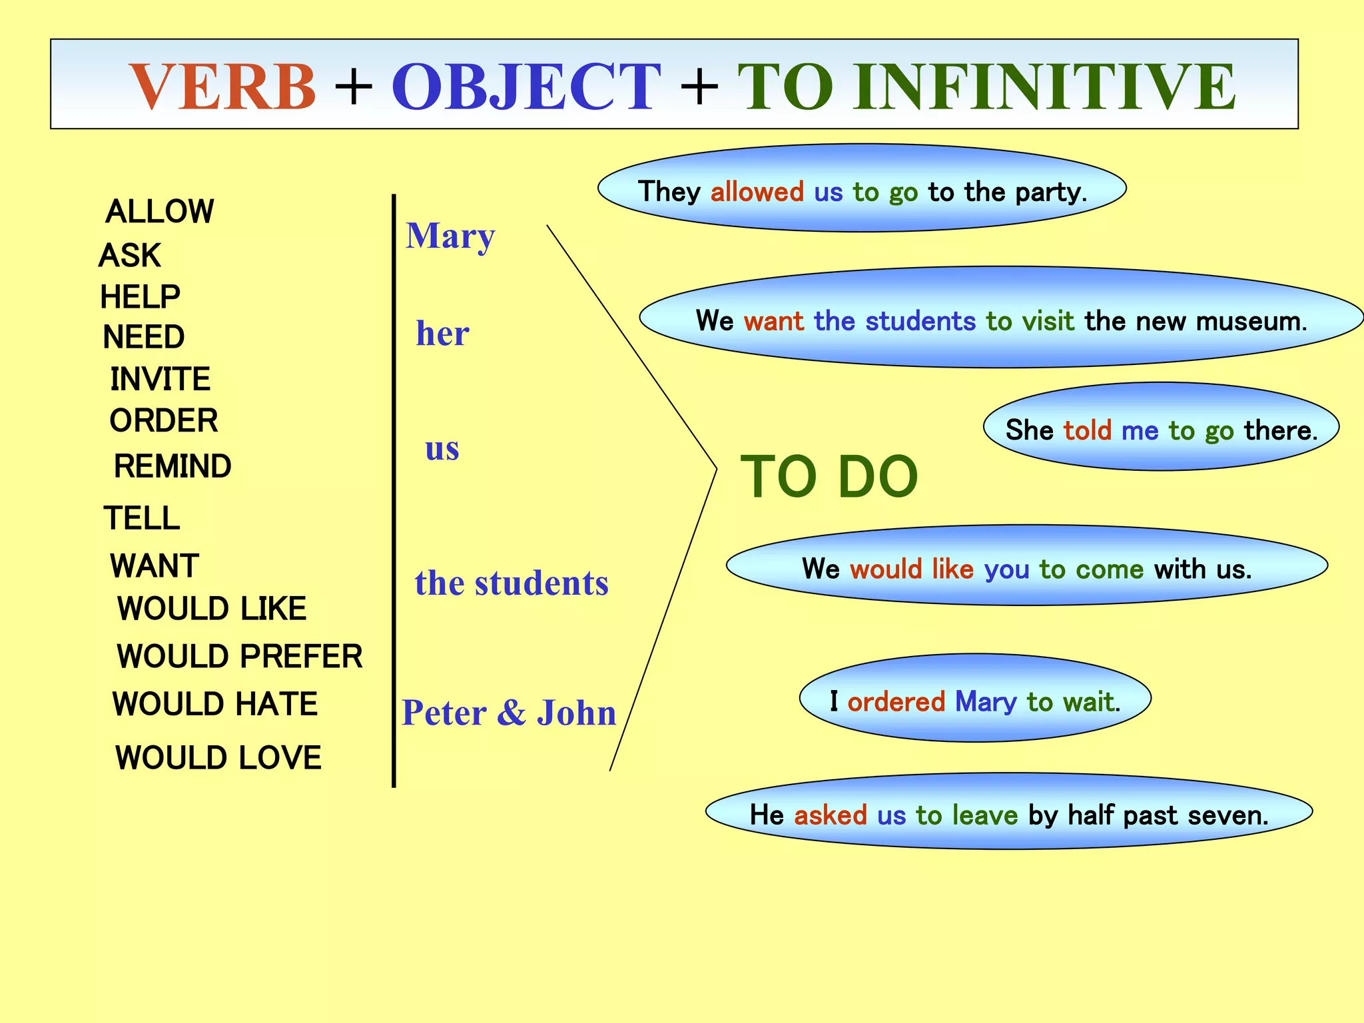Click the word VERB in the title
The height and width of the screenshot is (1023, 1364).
tap(222, 87)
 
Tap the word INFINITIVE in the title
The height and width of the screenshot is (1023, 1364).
tap(1045, 87)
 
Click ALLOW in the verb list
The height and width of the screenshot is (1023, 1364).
tap(160, 212)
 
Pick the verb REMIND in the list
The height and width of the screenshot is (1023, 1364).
tap(172, 466)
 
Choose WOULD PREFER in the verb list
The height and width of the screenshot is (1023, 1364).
tap(240, 657)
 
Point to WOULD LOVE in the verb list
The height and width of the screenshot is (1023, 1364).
tap(218, 758)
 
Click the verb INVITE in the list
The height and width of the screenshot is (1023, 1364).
tap(161, 380)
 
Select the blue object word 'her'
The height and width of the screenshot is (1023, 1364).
tap(442, 334)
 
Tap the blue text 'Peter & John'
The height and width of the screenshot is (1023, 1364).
tap(510, 713)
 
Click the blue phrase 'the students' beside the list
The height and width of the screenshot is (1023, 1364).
tap(511, 583)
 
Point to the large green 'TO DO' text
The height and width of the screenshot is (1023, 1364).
tap(829, 477)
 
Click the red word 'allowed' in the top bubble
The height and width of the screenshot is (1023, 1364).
tap(757, 192)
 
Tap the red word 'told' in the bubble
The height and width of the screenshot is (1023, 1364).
tap(1088, 431)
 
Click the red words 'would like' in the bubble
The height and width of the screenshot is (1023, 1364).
tap(912, 569)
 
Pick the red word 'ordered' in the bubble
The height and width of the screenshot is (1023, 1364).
tap(896, 702)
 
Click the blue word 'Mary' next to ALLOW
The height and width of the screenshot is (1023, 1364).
tap(451, 236)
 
